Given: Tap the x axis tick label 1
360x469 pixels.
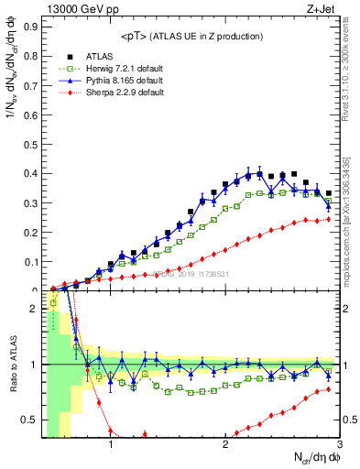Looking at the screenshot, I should click(x=111, y=446).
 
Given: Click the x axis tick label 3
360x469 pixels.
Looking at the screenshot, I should click(x=338, y=446).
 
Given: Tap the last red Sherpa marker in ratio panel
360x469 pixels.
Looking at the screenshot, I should click(x=328, y=389).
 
